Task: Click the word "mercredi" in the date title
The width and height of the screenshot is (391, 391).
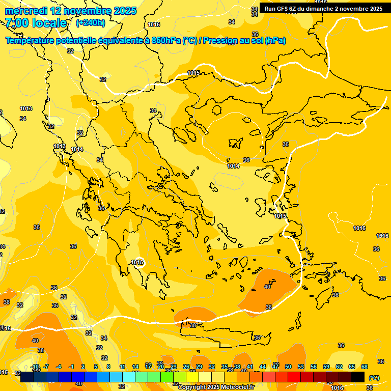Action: (25, 11)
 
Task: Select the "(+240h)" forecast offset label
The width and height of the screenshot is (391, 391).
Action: (91, 23)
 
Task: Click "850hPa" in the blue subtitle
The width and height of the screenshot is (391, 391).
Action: (166, 41)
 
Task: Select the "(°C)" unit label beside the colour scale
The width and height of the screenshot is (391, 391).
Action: (374, 378)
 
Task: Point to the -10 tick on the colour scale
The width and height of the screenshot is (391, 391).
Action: (35, 367)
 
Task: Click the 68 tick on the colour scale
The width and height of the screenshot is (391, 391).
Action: (365, 367)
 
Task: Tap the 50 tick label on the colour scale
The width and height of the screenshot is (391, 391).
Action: (288, 367)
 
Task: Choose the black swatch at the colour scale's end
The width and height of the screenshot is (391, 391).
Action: (358, 377)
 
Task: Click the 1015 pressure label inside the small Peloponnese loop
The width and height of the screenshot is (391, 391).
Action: (137, 262)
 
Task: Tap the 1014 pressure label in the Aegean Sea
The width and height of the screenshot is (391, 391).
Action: (233, 166)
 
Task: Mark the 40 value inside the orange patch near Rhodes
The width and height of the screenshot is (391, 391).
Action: (267, 287)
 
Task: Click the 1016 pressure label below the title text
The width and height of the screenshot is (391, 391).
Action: (154, 24)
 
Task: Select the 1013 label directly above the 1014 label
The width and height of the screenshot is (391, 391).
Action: (60, 146)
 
